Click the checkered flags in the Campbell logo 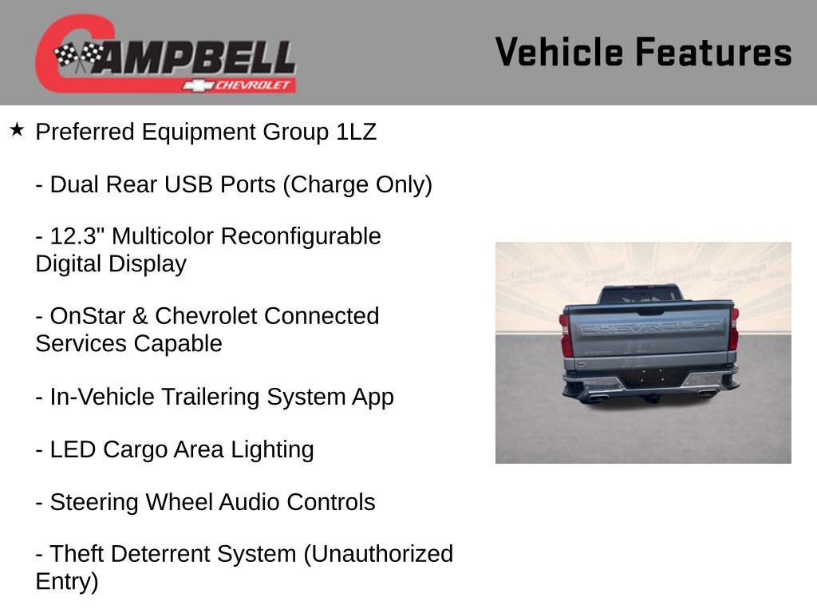coord(78,56)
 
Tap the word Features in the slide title coord(713,53)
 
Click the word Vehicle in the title coord(559,53)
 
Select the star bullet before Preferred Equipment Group coord(18,130)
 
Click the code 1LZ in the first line coord(355,132)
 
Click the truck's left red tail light coord(565,334)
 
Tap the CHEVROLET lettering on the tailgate coord(649,328)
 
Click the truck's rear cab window coord(641,295)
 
